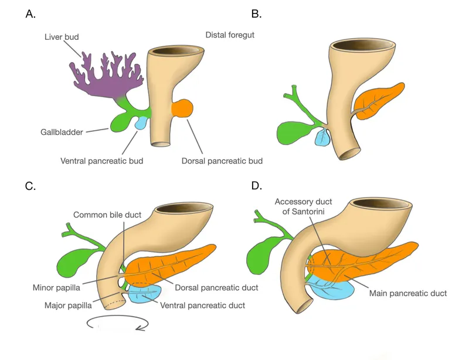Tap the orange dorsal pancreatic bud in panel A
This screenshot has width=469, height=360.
pyautogui.click(x=182, y=109)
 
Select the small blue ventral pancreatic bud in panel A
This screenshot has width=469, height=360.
pyautogui.click(x=141, y=123)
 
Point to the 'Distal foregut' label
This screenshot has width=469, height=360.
pyautogui.click(x=230, y=35)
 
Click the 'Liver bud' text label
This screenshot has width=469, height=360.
pyautogui.click(x=62, y=37)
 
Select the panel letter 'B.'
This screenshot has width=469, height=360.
pyautogui.click(x=256, y=15)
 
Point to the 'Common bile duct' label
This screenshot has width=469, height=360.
pyautogui.click(x=107, y=215)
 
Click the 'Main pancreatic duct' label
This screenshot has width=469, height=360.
pyautogui.click(x=409, y=293)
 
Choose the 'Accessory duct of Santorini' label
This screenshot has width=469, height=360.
pyautogui.click(x=303, y=206)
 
